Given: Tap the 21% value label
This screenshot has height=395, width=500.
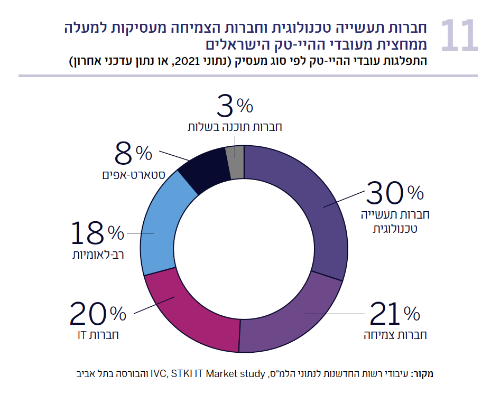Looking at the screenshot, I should coord(394,315).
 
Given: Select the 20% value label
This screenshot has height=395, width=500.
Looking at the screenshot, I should coord(98,315).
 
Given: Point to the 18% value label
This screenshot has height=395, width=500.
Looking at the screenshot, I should coord(98,233).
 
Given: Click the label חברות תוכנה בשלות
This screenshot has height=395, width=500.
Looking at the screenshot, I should coord(235,127).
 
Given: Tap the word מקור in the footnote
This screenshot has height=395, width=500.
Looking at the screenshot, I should coord(423,374).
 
